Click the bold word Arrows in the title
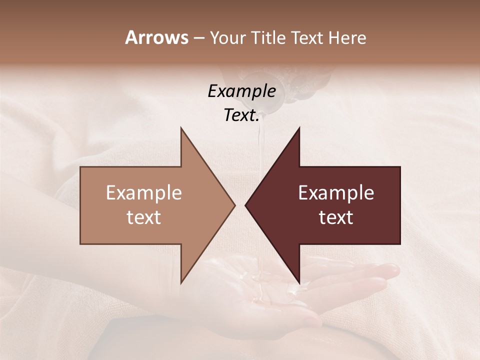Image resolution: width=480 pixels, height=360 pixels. pyautogui.click(x=156, y=37)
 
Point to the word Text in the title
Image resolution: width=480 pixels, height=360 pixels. pyautogui.click(x=309, y=37)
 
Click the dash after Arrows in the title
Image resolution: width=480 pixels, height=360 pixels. pyautogui.click(x=198, y=38)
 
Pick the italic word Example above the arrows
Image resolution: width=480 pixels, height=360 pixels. pyautogui.click(x=241, y=91)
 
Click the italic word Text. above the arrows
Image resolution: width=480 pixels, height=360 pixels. pyautogui.click(x=241, y=115)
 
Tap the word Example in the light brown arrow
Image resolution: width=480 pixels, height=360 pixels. pyautogui.click(x=144, y=192)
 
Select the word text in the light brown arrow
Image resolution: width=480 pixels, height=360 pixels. pyautogui.click(x=144, y=217)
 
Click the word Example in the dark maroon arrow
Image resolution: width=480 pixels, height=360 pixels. pyautogui.click(x=336, y=192)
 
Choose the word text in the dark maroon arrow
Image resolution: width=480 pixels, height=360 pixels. pyautogui.click(x=336, y=217)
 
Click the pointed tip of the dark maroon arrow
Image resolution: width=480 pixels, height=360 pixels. pyautogui.click(x=246, y=205)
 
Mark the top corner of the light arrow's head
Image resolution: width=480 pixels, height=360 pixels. pyautogui.click(x=181, y=128)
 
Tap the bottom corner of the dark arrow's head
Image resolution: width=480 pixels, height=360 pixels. pyautogui.click(x=299, y=282)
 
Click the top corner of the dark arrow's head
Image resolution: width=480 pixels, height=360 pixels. pyautogui.click(x=299, y=128)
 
